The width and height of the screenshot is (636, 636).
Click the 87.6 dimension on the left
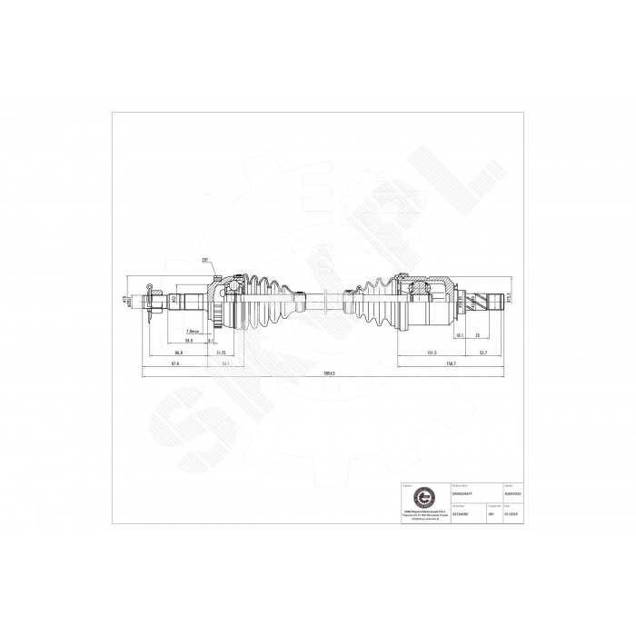(x=173, y=363)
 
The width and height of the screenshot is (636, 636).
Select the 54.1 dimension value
(x=224, y=363)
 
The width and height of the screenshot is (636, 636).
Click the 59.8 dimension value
(x=189, y=341)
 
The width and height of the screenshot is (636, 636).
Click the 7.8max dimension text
(x=192, y=331)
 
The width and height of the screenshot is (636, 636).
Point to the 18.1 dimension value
(x=461, y=335)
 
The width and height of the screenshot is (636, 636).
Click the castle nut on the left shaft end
(x=160, y=298)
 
